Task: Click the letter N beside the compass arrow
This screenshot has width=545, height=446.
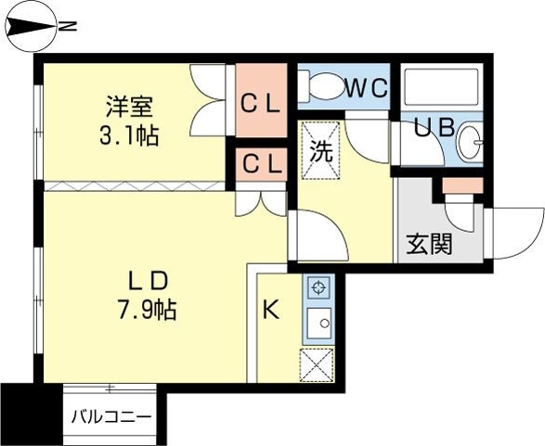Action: pyautogui.click(x=66, y=28)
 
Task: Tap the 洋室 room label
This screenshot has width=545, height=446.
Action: pyautogui.click(x=129, y=106)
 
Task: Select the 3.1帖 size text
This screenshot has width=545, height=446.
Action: pyautogui.click(x=129, y=135)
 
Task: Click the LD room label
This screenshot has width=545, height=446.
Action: pyautogui.click(x=146, y=279)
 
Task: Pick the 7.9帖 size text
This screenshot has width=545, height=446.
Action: pyautogui.click(x=146, y=308)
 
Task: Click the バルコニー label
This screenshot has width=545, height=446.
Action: pyautogui.click(x=110, y=416)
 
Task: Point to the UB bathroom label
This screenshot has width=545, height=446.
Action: pyautogui.click(x=434, y=129)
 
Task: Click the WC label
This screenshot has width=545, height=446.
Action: pyautogui.click(x=367, y=88)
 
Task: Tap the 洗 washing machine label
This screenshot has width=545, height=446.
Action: pyautogui.click(x=319, y=148)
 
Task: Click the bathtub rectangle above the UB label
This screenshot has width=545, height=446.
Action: pyautogui.click(x=442, y=88)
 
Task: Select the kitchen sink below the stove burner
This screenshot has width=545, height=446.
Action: pyautogui.click(x=318, y=325)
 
